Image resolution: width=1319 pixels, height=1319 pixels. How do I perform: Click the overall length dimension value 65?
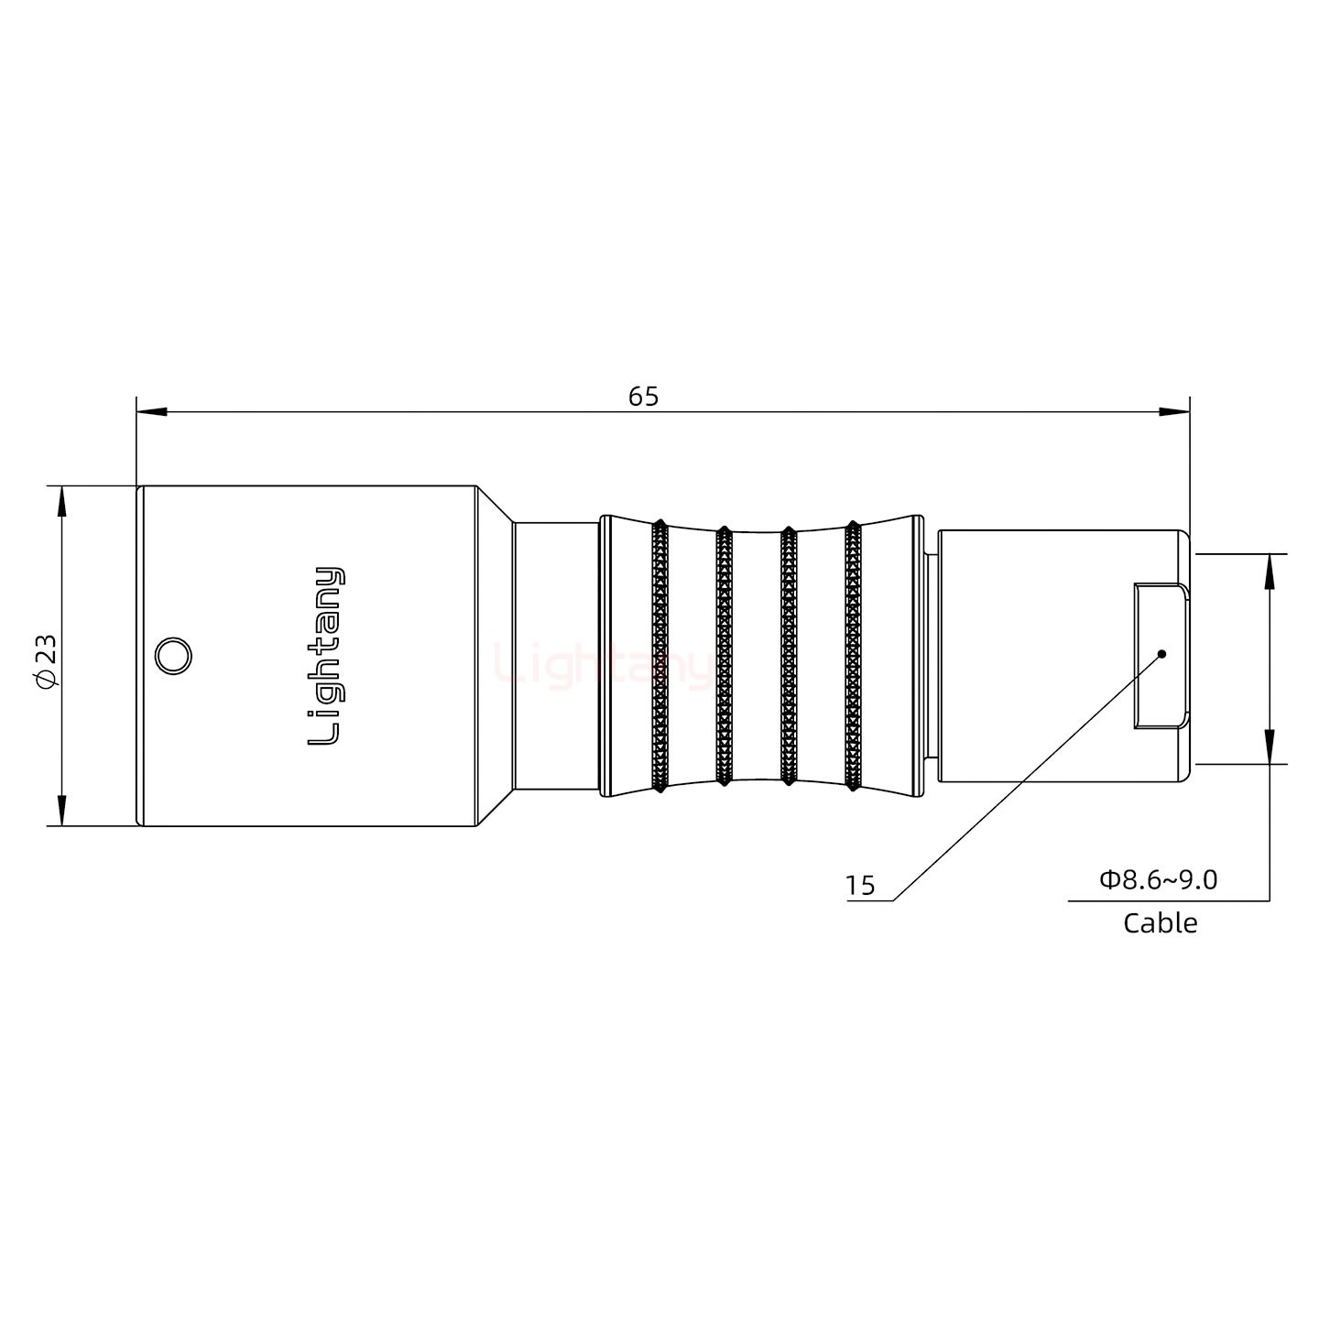[643, 397]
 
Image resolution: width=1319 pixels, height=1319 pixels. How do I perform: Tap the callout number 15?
[860, 886]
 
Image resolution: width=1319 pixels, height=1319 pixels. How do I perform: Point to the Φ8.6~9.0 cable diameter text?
[1159, 880]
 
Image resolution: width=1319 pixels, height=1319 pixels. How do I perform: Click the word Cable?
[1160, 922]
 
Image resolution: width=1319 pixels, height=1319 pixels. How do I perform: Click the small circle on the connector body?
[172, 657]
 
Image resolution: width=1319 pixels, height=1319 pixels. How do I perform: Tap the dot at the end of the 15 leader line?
[1161, 654]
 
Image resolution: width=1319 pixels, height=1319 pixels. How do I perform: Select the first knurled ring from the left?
[659, 656]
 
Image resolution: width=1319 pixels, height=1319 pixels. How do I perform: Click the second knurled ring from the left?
[724, 656]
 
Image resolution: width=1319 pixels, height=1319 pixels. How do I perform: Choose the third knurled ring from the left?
[787, 656]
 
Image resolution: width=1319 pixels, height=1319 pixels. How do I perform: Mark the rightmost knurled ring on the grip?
[853, 656]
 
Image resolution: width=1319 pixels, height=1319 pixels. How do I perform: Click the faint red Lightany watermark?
[600, 666]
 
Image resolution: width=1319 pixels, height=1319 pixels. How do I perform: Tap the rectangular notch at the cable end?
[1160, 656]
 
